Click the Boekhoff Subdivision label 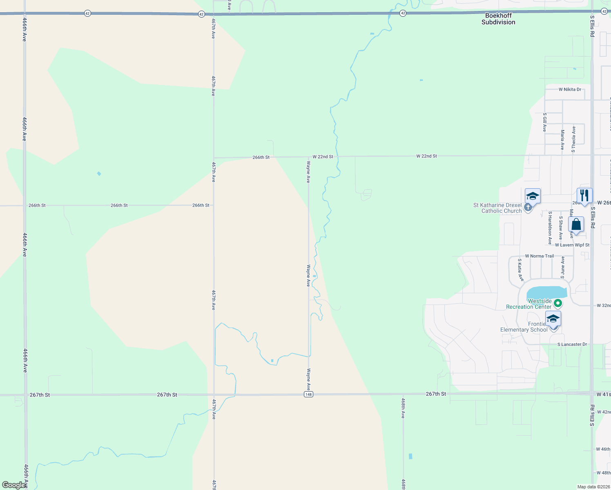(498, 19)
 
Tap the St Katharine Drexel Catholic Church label (497, 208)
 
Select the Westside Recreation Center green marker (558, 303)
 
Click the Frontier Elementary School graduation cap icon (553, 318)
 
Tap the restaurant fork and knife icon (584, 196)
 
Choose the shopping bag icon (576, 225)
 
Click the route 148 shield (308, 394)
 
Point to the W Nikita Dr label (570, 89)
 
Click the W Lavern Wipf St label (572, 245)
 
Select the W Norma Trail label (539, 256)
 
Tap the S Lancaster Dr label (572, 344)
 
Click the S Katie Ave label (520, 269)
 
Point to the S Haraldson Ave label (550, 228)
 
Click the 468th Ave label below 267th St (403, 408)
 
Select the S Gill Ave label (544, 122)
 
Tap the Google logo (13, 485)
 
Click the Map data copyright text (593, 487)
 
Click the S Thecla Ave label (573, 139)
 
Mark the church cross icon (528, 207)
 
